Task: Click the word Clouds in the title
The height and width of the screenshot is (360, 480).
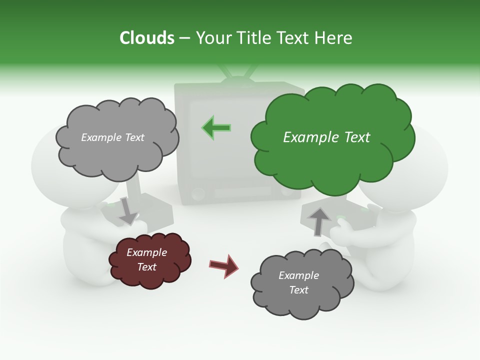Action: (147, 38)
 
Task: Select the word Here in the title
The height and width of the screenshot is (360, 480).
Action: (333, 38)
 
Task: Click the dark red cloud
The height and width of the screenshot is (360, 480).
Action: (149, 260)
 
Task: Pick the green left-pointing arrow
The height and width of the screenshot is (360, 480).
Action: (216, 127)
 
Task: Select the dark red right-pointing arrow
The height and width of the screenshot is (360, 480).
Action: (223, 265)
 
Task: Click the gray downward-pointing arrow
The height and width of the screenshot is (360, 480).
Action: (127, 211)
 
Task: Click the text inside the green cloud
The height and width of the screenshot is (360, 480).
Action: (326, 137)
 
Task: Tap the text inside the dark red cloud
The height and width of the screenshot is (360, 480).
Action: (147, 259)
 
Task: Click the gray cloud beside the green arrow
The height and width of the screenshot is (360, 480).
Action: (116, 137)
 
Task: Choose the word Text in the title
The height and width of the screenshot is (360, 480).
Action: (295, 38)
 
